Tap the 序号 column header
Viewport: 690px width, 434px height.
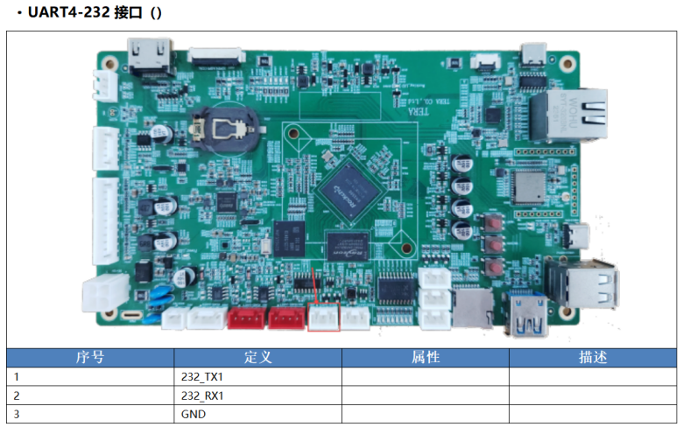90,358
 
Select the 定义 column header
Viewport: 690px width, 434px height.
257,358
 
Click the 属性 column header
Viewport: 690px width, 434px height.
425,358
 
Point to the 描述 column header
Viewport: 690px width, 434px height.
592,358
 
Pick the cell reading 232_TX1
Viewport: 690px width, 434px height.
202,376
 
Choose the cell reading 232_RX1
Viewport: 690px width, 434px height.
202,395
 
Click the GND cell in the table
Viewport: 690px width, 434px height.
194,413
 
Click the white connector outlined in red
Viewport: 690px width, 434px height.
324,318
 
